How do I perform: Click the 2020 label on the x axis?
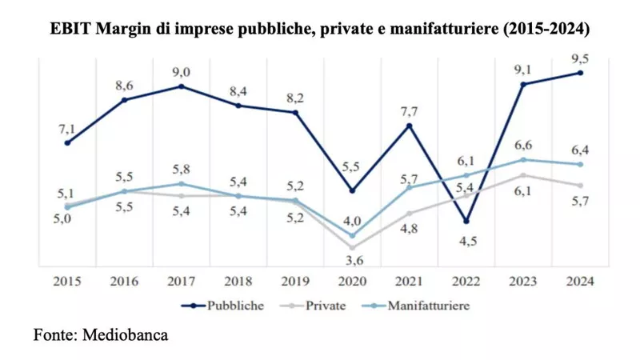352,282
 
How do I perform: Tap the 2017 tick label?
182,282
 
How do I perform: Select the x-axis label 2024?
580,282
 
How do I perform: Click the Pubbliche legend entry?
222,306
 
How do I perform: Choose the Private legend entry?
313,306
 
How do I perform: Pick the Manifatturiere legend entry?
416,306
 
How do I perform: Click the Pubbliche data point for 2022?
466,222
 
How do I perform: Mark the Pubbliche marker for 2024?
580,73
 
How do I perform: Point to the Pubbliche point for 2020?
352,190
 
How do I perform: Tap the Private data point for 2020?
352,247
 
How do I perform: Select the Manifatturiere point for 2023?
523,159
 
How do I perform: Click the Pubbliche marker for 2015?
67,143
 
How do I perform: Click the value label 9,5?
580,59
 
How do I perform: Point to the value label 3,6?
354,260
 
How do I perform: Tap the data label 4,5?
468,241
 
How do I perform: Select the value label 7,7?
409,111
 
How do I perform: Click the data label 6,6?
523,146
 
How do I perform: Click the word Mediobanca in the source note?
125,334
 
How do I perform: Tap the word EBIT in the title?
70,29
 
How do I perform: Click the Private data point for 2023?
523,175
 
